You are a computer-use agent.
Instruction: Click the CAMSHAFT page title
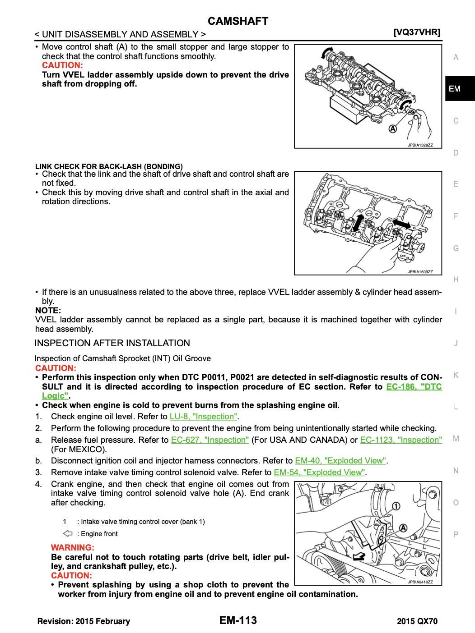tap(238, 21)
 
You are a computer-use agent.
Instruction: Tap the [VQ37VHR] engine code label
tap(416, 32)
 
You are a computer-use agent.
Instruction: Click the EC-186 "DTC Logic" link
tap(414, 387)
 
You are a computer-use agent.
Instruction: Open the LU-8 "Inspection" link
tap(204, 417)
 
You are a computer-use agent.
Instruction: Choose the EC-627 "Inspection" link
tap(210, 440)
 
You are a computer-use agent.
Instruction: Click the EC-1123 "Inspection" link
tap(401, 440)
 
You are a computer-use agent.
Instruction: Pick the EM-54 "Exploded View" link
tap(320, 472)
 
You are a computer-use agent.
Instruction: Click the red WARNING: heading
tap(73, 548)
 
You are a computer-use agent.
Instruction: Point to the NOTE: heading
tap(48, 311)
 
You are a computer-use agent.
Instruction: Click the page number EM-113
tap(238, 620)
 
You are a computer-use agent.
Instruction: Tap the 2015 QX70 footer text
tap(417, 621)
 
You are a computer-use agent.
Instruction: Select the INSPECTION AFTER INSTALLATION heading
tap(112, 343)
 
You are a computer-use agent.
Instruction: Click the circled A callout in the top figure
tap(393, 129)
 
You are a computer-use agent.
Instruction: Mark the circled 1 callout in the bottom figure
tap(395, 506)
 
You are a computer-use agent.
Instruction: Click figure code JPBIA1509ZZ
tap(420, 272)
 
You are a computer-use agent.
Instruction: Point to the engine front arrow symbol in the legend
tap(68, 534)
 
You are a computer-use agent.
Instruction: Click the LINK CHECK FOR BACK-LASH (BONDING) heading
tap(109, 166)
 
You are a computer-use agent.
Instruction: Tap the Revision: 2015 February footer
tap(84, 621)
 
